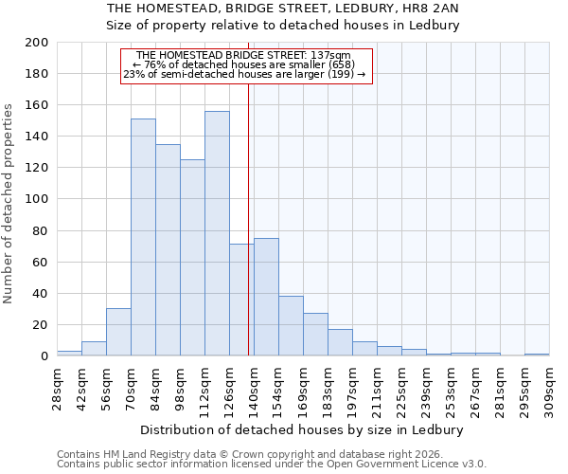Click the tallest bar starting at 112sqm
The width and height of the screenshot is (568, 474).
[217, 233]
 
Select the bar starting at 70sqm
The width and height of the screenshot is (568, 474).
[143, 237]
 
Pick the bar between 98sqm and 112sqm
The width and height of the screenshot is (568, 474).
[192, 257]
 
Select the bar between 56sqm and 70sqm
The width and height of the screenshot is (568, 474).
[118, 332]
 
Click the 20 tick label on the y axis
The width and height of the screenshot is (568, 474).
[40, 324]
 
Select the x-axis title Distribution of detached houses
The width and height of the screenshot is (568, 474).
[303, 429]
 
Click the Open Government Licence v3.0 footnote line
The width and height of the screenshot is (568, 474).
[272, 464]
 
